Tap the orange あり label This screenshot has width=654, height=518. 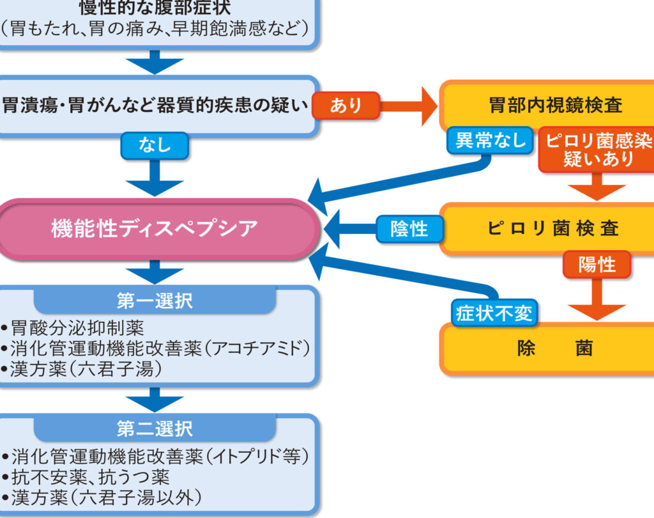point(346,106)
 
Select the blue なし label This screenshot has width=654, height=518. point(155,146)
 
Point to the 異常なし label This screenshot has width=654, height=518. point(490,140)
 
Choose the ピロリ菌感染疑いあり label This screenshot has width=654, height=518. point(598,150)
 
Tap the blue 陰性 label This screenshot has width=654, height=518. point(409,228)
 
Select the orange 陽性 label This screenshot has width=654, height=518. point(597,264)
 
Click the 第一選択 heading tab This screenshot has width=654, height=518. point(155,301)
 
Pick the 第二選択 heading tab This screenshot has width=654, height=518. point(155,427)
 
